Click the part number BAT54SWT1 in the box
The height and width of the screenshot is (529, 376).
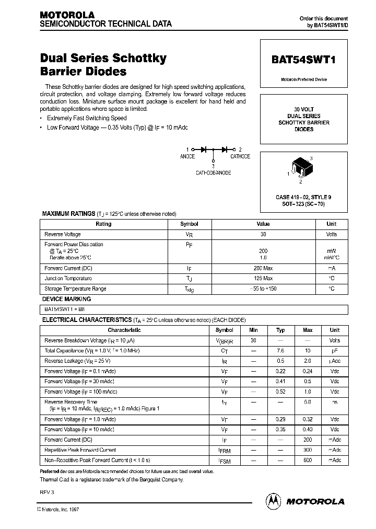click(303, 60)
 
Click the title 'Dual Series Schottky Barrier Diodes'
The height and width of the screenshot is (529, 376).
click(103, 65)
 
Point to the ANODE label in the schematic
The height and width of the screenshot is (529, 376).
click(187, 156)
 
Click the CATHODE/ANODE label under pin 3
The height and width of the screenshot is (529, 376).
click(213, 172)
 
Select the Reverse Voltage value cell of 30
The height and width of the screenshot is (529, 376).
click(263, 234)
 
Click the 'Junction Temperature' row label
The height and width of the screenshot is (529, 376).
click(68, 279)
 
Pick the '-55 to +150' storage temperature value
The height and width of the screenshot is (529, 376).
click(263, 289)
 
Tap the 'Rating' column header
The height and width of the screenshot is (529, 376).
click(103, 224)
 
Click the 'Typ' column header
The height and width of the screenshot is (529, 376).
click(280, 330)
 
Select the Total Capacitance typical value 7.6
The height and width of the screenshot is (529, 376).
click(280, 351)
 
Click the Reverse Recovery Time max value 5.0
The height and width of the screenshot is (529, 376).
click(308, 402)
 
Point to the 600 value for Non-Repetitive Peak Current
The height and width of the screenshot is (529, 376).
click(308, 460)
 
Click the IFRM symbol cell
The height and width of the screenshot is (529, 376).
click(224, 450)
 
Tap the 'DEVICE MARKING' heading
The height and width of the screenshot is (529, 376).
click(66, 299)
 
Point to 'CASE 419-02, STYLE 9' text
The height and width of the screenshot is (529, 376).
click(303, 197)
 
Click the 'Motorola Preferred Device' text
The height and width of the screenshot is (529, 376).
click(303, 79)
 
